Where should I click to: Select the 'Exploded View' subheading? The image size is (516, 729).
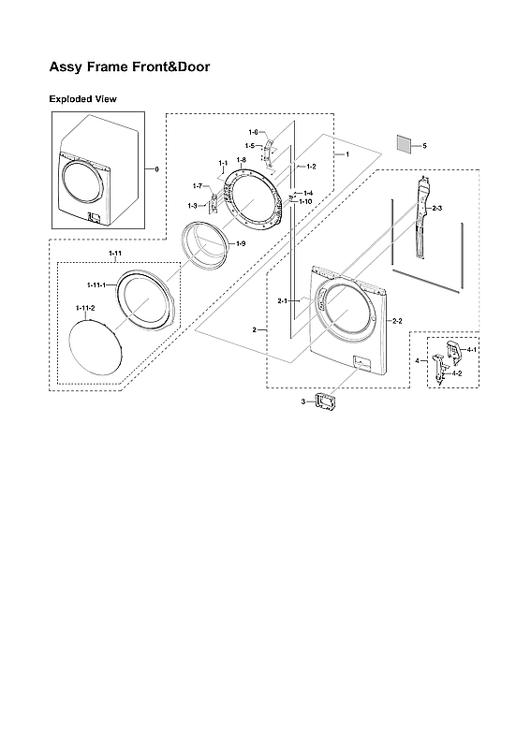(x=82, y=98)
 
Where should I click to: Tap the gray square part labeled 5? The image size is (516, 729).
(x=404, y=144)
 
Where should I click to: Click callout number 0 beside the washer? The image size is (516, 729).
(x=157, y=168)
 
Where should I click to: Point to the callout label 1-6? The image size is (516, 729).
(x=253, y=133)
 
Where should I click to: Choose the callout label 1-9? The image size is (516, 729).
(x=240, y=243)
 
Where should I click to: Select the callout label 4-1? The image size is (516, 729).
(x=472, y=349)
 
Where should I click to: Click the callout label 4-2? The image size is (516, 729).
(x=457, y=373)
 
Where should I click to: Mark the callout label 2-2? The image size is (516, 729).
(x=396, y=321)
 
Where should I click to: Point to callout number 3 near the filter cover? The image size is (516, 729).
(x=302, y=401)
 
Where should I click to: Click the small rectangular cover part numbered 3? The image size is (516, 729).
(x=327, y=401)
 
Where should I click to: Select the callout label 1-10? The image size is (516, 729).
(x=305, y=201)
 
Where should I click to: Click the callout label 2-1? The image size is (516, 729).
(x=282, y=300)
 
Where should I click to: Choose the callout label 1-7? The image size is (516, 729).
(x=198, y=186)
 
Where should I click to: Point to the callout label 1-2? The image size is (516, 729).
(x=311, y=166)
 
